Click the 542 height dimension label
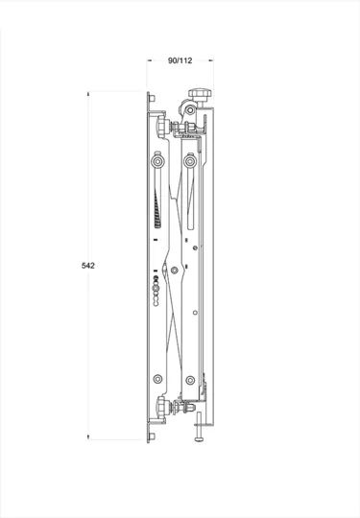[88, 264]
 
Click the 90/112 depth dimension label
[180, 60]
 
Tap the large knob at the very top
[203, 93]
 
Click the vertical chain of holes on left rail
[156, 291]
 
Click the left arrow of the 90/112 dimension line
[150, 60]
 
